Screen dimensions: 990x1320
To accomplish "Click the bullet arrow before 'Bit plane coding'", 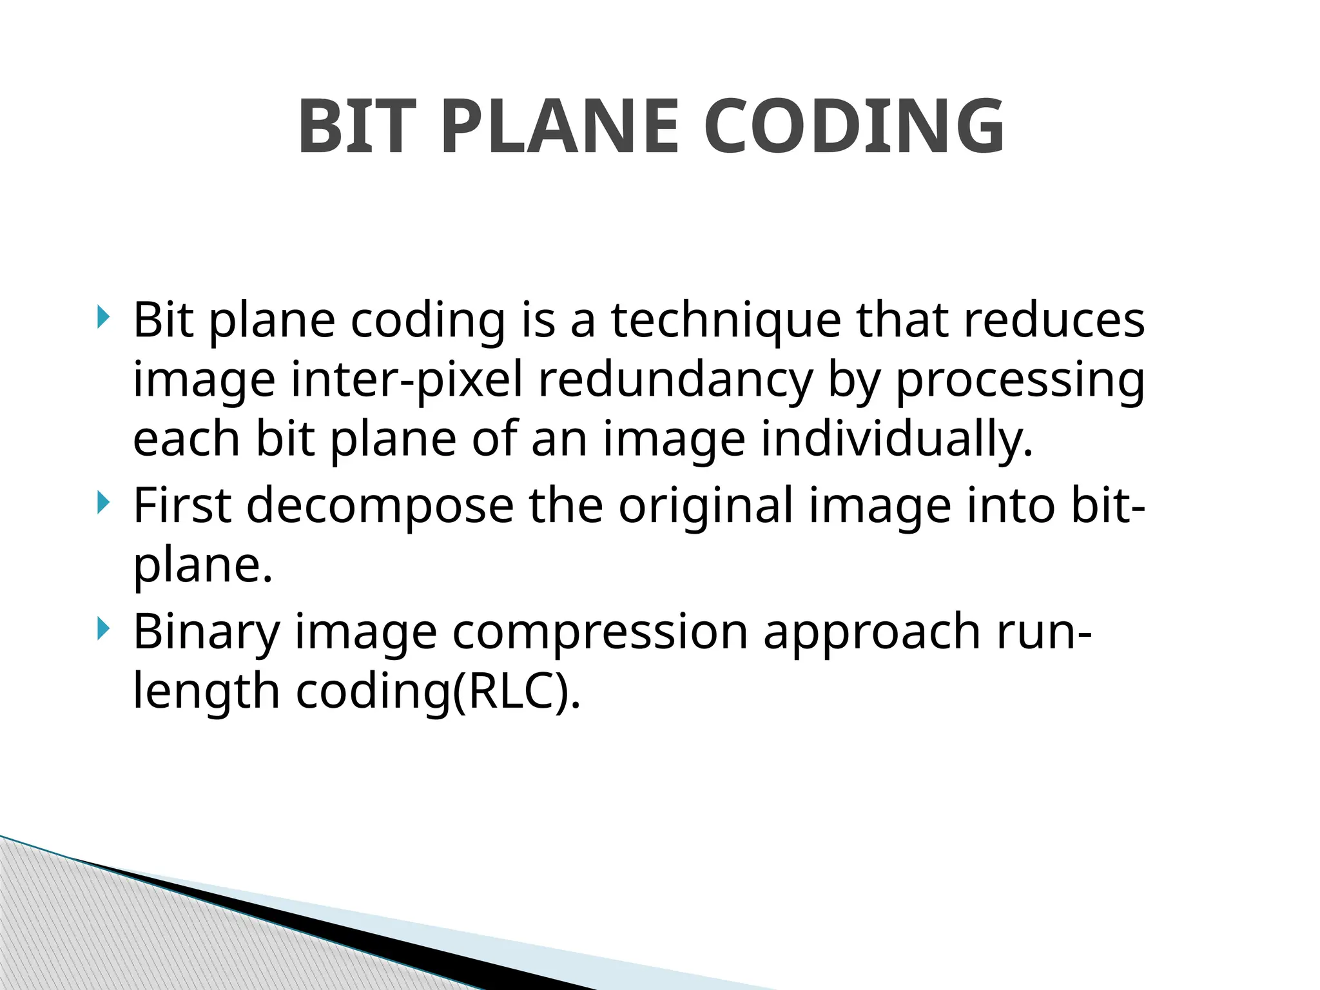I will (103, 317).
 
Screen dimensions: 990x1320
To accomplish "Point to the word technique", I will (726, 320).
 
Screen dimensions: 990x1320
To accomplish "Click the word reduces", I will (1054, 320).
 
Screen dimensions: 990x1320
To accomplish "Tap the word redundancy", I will (675, 380).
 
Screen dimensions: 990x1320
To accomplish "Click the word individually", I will (897, 440).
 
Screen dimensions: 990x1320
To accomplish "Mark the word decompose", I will (380, 507).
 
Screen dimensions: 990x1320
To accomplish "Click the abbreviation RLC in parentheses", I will (510, 691).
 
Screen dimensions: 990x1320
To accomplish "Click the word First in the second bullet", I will (182, 505).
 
